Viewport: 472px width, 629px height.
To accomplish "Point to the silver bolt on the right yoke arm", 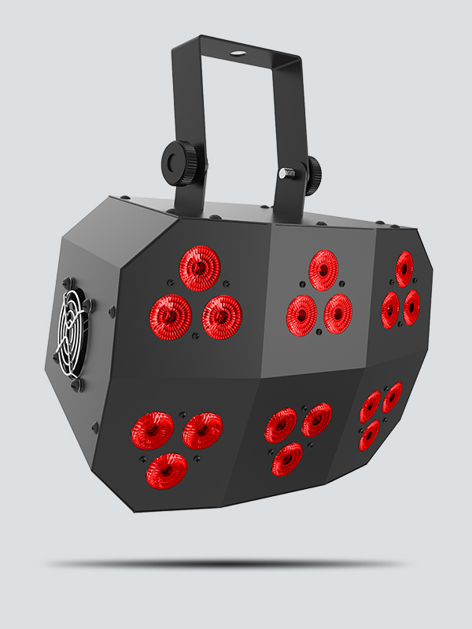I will [x=282, y=171].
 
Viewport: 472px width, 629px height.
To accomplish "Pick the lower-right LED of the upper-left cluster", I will [x=221, y=316].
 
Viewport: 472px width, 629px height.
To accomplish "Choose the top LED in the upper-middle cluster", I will [x=323, y=270].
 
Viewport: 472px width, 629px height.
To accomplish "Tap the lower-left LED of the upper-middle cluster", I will [x=301, y=314].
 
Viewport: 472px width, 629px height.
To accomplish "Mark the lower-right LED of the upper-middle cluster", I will [x=337, y=313].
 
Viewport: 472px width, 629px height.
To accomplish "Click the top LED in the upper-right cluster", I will [x=404, y=269].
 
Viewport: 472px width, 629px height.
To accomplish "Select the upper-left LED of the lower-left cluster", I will [x=152, y=429].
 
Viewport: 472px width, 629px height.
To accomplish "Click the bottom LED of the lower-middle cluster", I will [x=287, y=458].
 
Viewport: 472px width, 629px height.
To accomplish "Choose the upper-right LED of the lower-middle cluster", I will [x=316, y=420].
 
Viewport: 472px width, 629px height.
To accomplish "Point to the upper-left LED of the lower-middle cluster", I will [x=280, y=425].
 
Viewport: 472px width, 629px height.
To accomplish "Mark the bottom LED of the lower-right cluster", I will [x=369, y=435].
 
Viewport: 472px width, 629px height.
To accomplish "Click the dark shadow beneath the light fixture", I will [x=228, y=564].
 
